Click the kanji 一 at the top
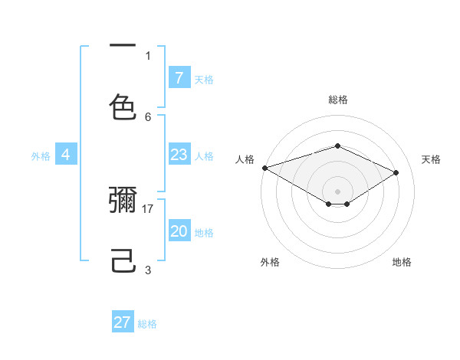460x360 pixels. (123, 46)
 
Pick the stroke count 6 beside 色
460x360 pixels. (148, 116)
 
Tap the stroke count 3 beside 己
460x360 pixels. (148, 270)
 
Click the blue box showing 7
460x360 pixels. (179, 78)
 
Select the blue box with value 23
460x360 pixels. (179, 155)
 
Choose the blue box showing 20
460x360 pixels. (179, 231)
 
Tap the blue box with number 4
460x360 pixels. (66, 155)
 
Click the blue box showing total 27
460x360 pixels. (123, 322)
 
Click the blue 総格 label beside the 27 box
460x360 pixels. (147, 324)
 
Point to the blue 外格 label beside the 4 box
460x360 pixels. (41, 156)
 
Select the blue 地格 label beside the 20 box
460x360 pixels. (204, 233)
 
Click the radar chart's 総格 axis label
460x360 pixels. (337, 100)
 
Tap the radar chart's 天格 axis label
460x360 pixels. (431, 159)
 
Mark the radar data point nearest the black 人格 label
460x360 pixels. (264, 168)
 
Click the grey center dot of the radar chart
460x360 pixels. (337, 191)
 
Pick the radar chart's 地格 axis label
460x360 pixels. (402, 262)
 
